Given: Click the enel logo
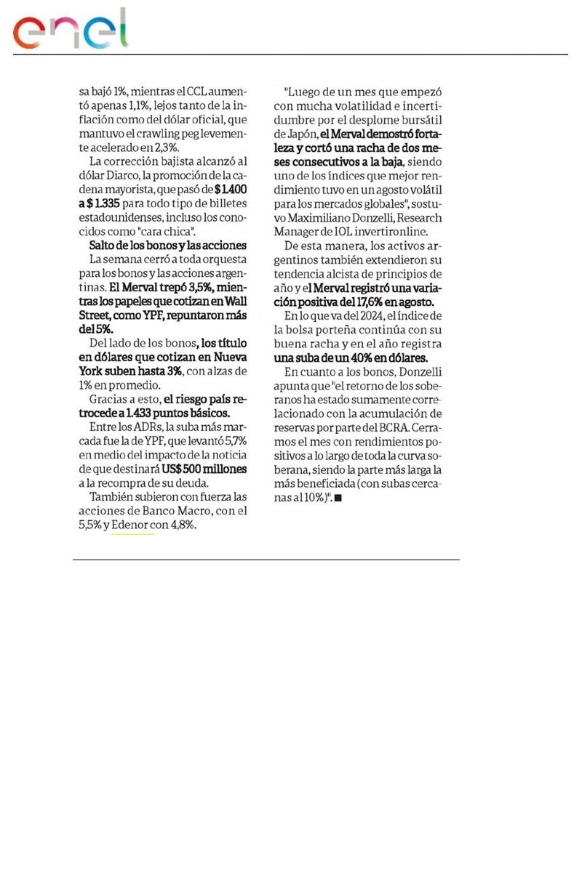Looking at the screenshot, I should point(70,30).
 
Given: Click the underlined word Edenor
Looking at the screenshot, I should point(132,525).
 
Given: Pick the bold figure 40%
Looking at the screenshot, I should point(355,358).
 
